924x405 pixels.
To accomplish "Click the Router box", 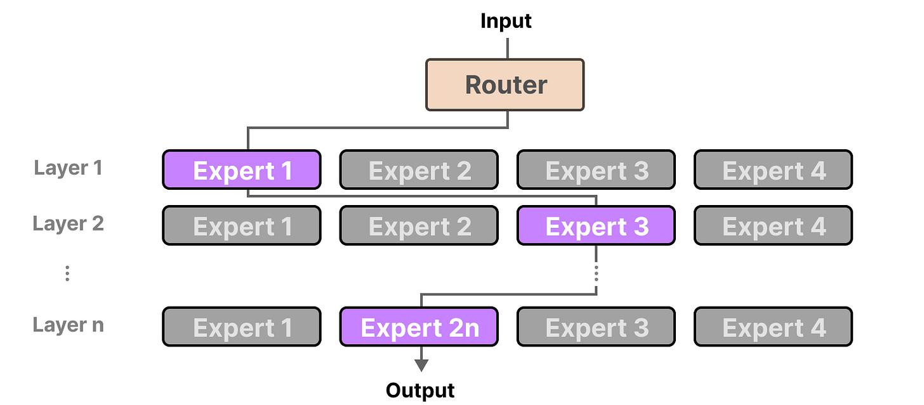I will (505, 85).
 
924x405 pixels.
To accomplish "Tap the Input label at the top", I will (506, 21).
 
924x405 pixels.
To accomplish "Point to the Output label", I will (420, 390).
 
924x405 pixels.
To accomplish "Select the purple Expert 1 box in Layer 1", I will (242, 170).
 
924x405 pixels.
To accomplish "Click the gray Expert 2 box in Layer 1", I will (419, 170).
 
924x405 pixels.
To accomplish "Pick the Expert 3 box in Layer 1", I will (596, 170).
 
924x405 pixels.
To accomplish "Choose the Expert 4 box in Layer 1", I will (773, 170).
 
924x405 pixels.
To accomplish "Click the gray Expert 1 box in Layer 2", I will (242, 225).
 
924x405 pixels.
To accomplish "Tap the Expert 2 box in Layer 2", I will (419, 225).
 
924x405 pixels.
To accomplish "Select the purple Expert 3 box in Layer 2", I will (596, 225).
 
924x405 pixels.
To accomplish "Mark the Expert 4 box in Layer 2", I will (773, 225).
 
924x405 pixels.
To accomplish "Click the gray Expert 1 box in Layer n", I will (242, 327).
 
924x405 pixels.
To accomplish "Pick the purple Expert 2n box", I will (419, 327).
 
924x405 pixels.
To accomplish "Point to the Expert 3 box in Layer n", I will (596, 327).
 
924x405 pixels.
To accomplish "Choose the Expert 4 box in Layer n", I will (773, 327).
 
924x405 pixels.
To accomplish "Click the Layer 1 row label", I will (68, 168).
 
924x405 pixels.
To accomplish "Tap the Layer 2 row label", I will (68, 223).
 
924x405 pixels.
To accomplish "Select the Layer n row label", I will (68, 325).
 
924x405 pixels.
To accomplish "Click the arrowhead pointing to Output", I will (420, 366).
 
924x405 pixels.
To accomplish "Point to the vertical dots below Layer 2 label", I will (67, 274).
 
